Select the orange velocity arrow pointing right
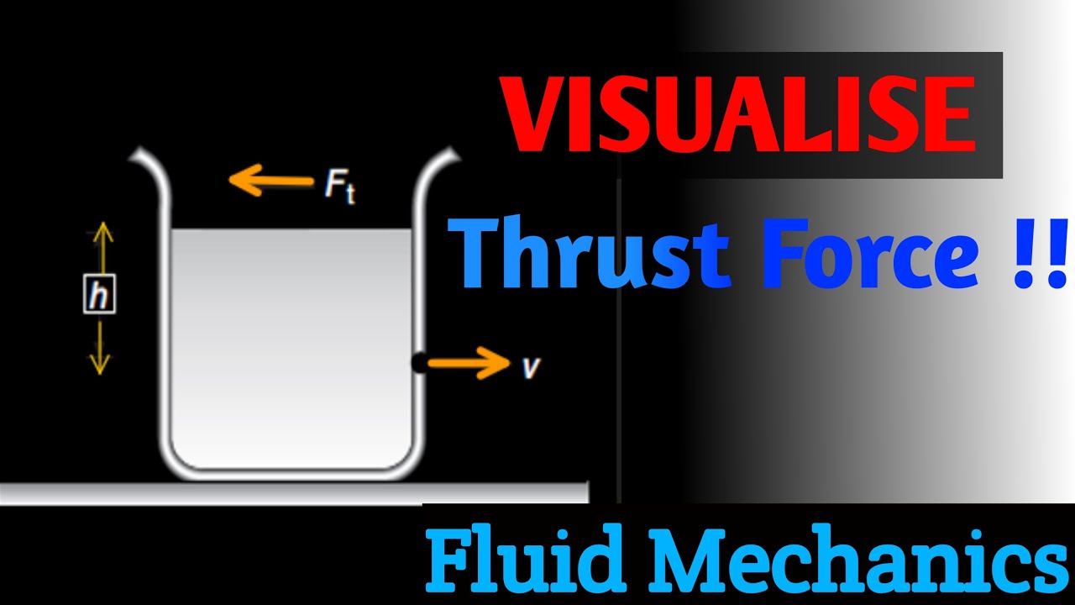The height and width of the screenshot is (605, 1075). coord(467,363)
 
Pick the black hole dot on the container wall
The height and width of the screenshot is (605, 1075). coord(417,363)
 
